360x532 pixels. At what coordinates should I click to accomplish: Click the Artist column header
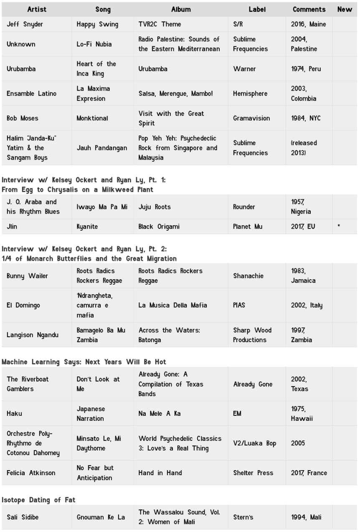tap(37, 9)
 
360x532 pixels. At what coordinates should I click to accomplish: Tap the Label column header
tap(257, 9)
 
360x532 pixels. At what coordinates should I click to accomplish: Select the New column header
tap(345, 9)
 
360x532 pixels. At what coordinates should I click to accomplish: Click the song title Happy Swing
tap(97, 24)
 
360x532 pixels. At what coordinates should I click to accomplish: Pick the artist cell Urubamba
tap(21, 69)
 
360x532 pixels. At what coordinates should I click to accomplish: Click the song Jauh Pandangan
tap(102, 148)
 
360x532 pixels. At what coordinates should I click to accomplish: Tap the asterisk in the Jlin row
tap(339, 227)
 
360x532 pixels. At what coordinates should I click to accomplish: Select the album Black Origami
tap(159, 227)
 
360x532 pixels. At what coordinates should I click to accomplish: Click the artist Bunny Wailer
tap(27, 276)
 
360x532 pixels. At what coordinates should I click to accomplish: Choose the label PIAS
tap(239, 305)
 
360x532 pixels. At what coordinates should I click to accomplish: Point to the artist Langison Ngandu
tap(33, 335)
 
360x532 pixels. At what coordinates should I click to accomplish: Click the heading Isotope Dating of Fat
tap(38, 499)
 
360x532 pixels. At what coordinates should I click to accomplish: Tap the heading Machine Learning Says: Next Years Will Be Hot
tap(84, 361)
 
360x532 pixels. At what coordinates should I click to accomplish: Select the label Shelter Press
tap(253, 473)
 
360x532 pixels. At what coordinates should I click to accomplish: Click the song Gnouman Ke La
tap(101, 517)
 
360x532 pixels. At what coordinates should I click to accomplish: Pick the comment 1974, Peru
tap(306, 69)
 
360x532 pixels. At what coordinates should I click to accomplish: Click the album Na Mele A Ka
tap(160, 413)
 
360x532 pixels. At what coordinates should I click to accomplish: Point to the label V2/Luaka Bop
tap(255, 443)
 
